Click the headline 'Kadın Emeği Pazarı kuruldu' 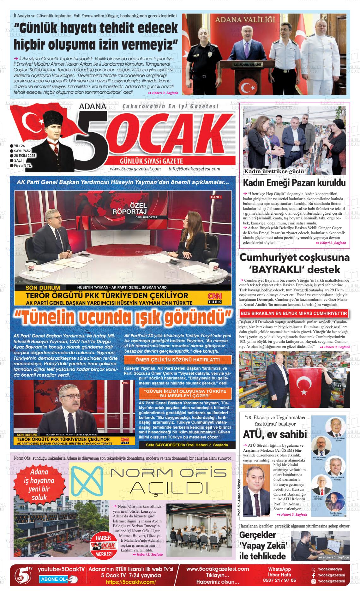(294, 183)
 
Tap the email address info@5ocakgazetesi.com (194, 169)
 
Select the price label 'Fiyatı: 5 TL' (22, 165)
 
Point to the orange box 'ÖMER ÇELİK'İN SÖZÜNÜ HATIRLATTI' (177, 360)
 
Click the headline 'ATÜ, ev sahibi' (275, 434)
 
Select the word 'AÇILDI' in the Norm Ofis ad (170, 489)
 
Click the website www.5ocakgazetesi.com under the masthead (135, 169)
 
